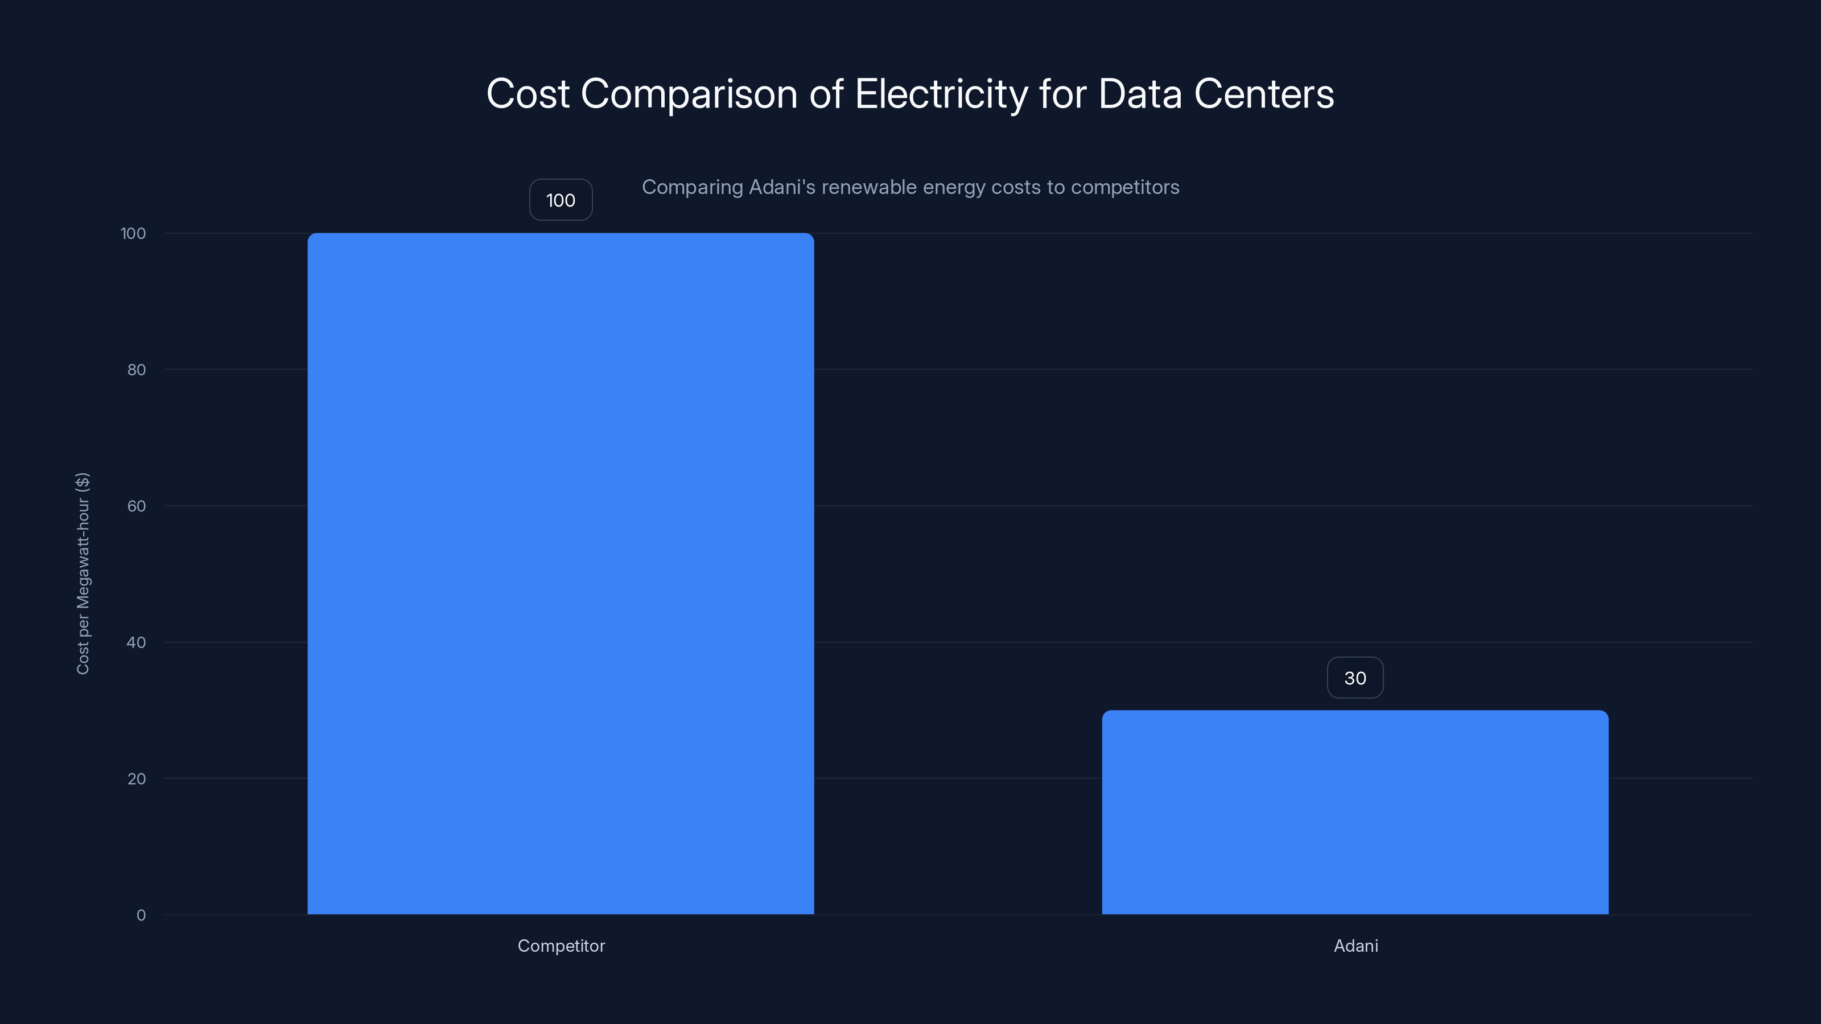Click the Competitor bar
pos(561,573)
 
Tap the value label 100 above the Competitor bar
pos(561,200)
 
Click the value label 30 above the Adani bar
pos(1354,678)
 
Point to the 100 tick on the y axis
pos(133,233)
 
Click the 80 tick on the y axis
pos(137,370)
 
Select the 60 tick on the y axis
pos(137,506)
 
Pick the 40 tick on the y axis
pos(137,642)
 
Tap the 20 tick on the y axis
pos(137,779)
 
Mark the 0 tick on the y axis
pos(141,915)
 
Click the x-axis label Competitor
pos(561,945)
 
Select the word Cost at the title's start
pos(528,94)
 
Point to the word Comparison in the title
pos(689,94)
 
